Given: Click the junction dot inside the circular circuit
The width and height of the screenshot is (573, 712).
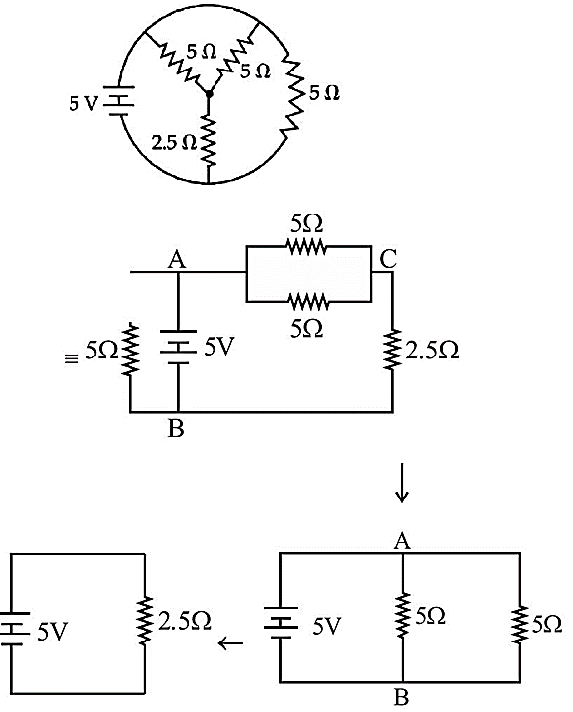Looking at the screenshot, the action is (208, 94).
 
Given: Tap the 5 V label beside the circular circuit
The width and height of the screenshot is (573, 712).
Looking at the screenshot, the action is (83, 104).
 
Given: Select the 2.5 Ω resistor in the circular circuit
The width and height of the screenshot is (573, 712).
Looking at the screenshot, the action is (208, 142).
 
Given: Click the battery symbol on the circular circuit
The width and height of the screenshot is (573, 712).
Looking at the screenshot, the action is (119, 101).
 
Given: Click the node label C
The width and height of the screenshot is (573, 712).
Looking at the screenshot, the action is (388, 259).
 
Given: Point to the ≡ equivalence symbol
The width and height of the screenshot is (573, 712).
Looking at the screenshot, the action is (71, 359).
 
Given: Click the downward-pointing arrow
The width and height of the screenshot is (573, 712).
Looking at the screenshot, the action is (402, 483).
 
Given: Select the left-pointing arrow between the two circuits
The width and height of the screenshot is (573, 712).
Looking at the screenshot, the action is (230, 642).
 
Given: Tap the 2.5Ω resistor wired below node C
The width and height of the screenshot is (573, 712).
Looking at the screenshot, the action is (392, 350).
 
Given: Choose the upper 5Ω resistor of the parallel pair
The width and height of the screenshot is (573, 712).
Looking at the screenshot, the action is (306, 247).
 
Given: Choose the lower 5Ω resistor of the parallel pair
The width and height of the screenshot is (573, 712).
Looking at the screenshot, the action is (308, 301).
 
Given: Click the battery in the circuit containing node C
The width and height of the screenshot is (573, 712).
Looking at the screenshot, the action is (178, 348).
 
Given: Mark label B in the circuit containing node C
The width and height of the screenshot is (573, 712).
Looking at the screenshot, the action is (176, 428).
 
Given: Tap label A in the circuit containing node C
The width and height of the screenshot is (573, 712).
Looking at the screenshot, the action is (177, 260).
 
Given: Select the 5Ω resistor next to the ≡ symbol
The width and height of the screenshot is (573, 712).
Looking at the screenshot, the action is (130, 349).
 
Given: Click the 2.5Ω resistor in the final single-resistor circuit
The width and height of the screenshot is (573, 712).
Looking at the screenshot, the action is (145, 621).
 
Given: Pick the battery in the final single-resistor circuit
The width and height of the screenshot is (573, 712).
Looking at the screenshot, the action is (14, 629).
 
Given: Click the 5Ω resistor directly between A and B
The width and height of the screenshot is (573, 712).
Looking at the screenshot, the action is (403, 615).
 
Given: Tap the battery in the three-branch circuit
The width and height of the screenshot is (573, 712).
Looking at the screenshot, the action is (281, 623).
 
